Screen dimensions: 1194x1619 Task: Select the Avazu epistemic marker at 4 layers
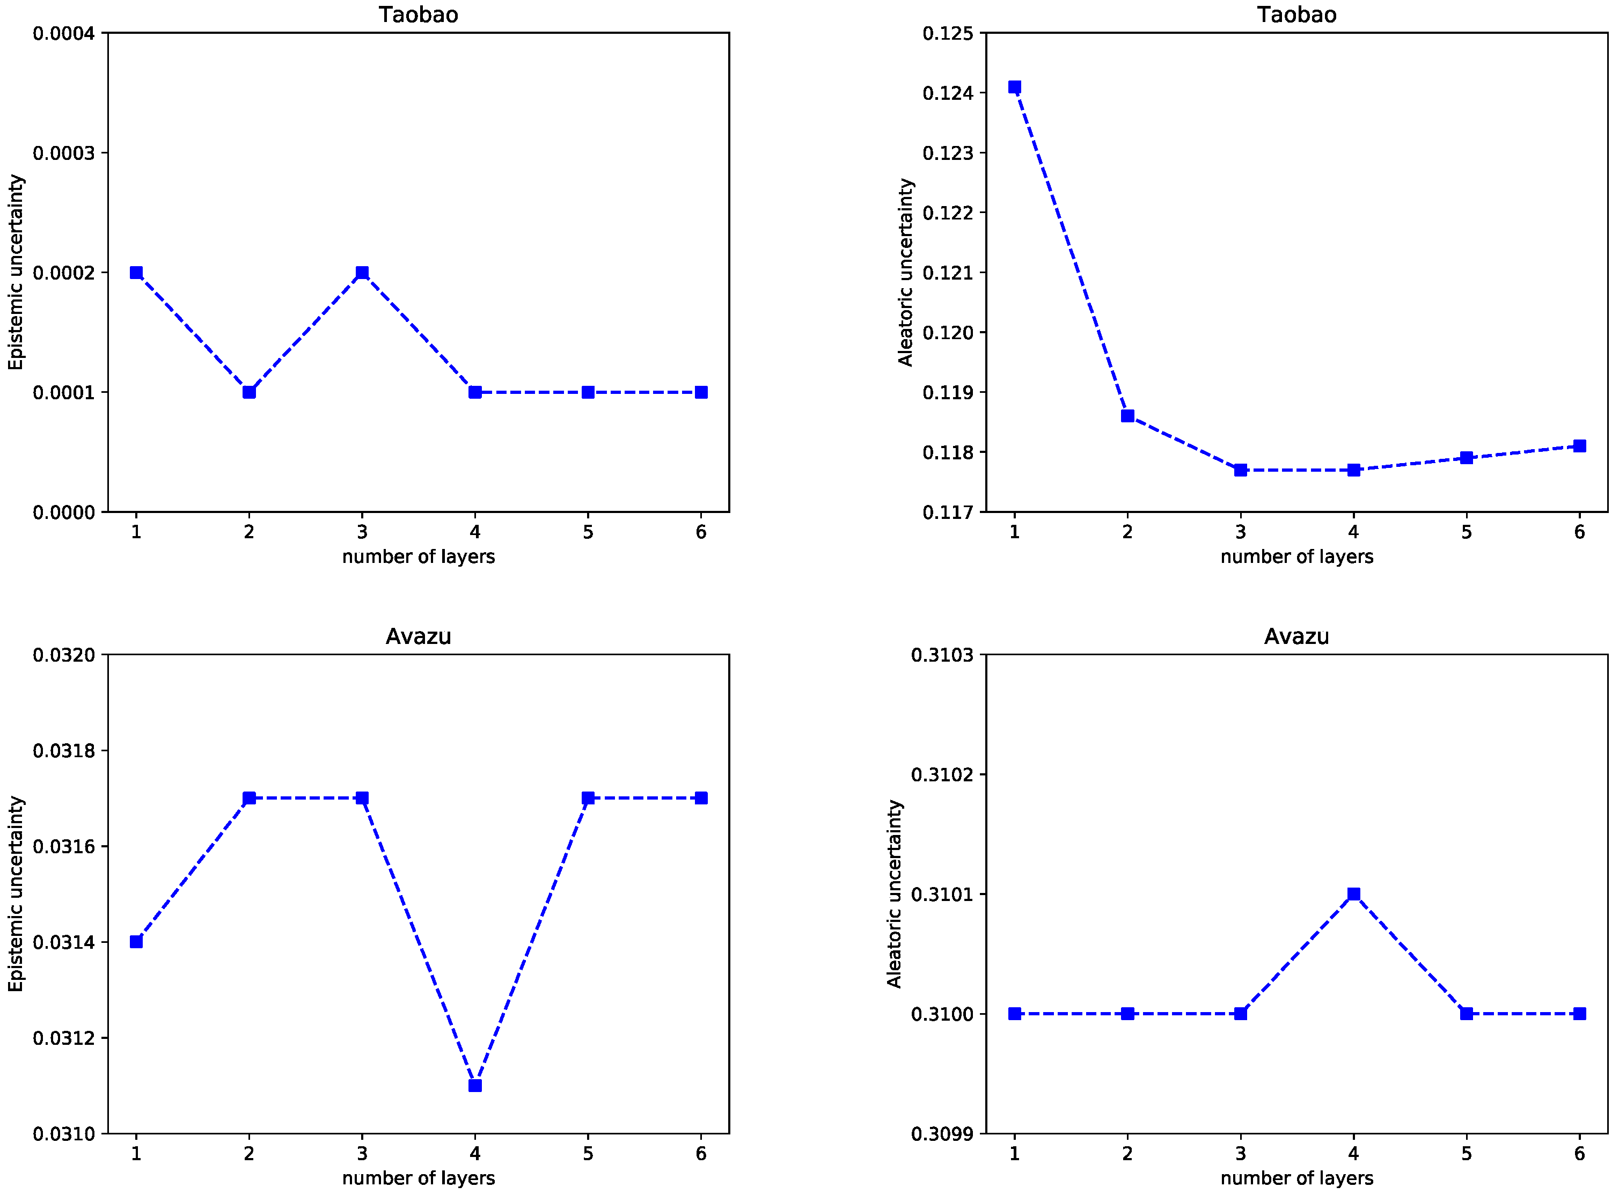click(475, 1086)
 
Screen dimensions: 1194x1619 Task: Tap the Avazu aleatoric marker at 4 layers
click(1354, 894)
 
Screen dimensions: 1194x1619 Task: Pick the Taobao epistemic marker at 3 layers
click(362, 273)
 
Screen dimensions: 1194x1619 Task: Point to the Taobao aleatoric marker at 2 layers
click(1127, 415)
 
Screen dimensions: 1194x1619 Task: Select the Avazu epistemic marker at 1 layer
click(136, 942)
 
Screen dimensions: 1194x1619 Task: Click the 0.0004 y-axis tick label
click(64, 33)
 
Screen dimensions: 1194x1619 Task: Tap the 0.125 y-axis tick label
click(948, 33)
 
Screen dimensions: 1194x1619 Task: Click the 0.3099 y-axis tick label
click(942, 1134)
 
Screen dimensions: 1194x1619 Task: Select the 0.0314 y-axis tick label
click(64, 942)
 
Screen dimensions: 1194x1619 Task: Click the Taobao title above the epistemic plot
click(419, 14)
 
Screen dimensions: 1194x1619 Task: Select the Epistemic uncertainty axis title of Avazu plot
click(16, 894)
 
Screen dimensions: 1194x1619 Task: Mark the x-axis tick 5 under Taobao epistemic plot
click(588, 532)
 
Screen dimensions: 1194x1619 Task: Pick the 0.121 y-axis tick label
click(948, 273)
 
